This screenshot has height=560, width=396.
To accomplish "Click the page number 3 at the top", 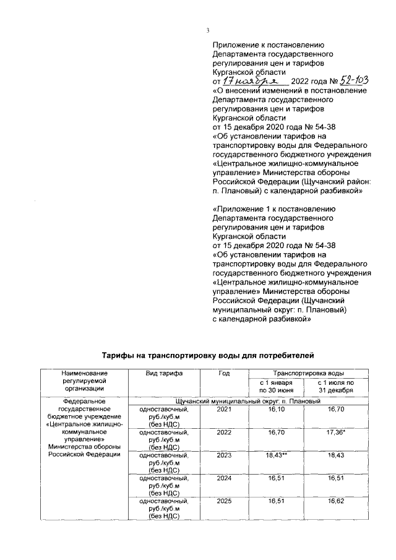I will (x=208, y=31).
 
